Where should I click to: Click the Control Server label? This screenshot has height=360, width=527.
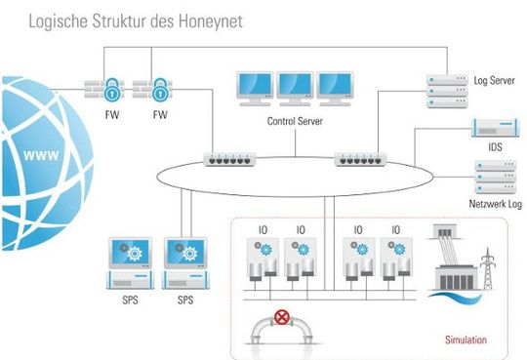[x=294, y=121]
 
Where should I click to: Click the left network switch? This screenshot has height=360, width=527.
[x=230, y=157]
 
